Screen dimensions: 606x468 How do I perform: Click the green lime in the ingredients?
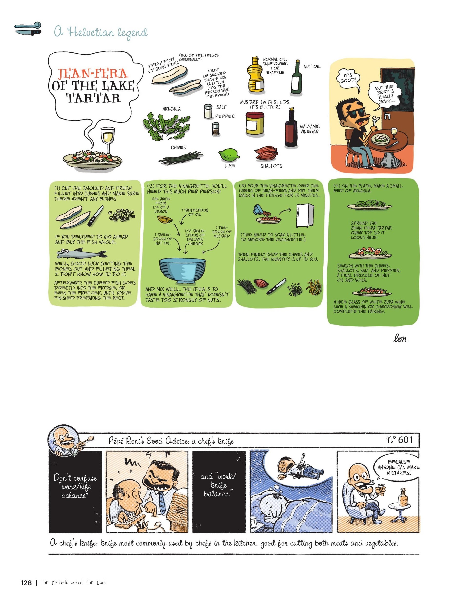pos(229,155)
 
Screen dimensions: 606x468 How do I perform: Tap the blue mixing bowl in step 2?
pos(182,269)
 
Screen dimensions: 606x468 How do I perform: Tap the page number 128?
pos(26,583)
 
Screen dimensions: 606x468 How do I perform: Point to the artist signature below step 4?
pos(400,339)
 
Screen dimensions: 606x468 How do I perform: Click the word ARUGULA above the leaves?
pos(171,109)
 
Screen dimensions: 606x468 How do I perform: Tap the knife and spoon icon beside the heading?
pos(28,29)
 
